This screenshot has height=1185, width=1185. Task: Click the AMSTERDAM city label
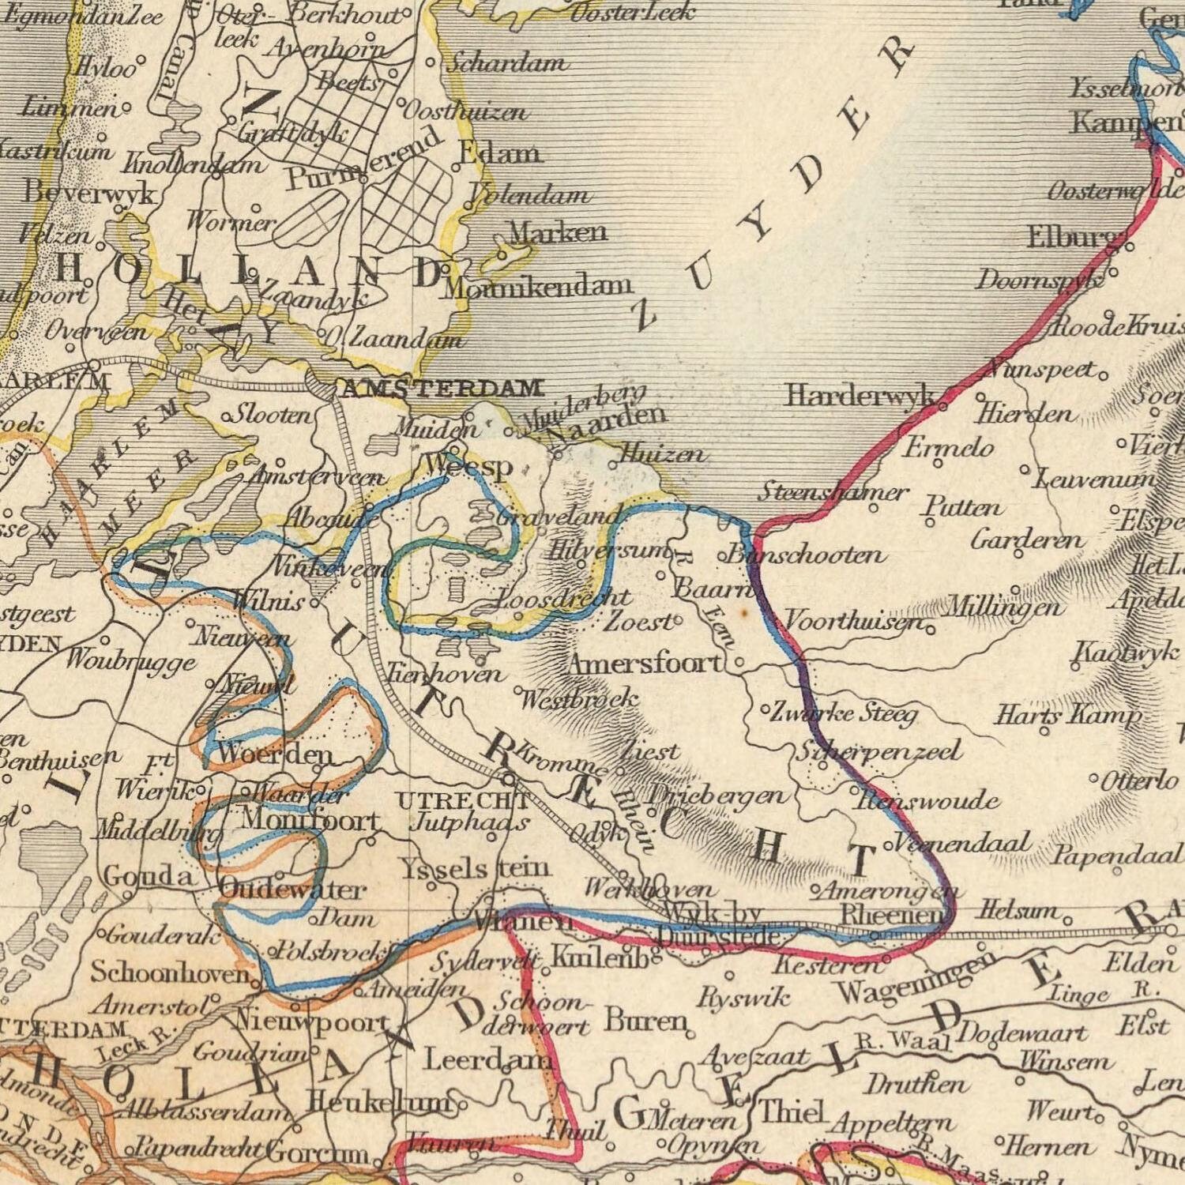click(442, 388)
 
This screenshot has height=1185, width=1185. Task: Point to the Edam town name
click(500, 152)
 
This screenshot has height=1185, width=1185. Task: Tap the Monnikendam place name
click(537, 286)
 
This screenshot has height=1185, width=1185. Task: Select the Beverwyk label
click(89, 192)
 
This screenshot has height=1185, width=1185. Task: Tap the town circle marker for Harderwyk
click(943, 407)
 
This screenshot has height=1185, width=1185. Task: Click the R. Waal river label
click(904, 1042)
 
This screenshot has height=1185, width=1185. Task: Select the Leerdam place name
click(487, 1059)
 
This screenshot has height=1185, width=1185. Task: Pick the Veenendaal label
click(963, 843)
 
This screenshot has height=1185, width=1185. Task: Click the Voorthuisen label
click(853, 622)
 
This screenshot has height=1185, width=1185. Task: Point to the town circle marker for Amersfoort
click(739, 664)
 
